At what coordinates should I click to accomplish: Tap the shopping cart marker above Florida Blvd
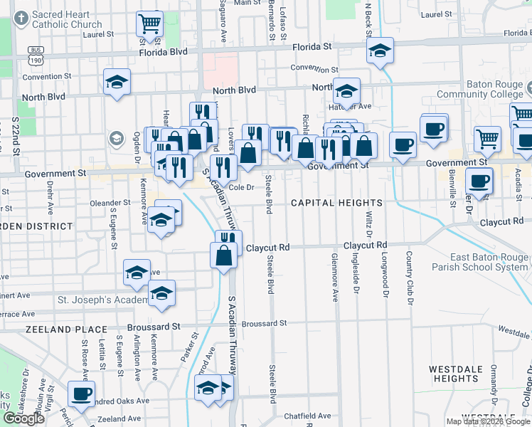[150, 23]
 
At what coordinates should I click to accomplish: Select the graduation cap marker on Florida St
[381, 51]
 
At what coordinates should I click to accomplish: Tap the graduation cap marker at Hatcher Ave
[347, 91]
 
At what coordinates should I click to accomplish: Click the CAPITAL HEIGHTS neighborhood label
[336, 203]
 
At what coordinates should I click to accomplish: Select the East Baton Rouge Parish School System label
[489, 262]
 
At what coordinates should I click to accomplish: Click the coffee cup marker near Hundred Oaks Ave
[80, 393]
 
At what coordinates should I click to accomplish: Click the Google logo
[23, 418]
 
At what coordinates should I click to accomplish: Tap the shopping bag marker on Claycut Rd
[223, 255]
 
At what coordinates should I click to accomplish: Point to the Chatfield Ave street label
[307, 416]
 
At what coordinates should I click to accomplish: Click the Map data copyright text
[488, 421]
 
